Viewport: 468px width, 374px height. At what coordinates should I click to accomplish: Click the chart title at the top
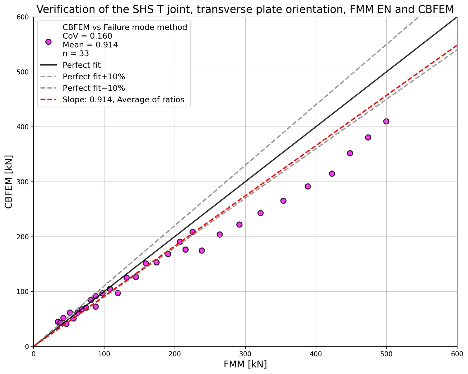pyautogui.click(x=245, y=9)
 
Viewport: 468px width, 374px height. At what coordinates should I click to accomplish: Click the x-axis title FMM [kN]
pyautogui.click(x=245, y=364)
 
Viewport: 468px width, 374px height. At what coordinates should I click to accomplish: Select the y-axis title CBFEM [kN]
pyautogui.click(x=9, y=182)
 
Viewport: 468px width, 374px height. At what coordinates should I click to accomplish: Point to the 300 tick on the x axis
pyautogui.click(x=245, y=354)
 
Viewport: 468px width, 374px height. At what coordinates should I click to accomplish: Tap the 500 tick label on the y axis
pyautogui.click(x=23, y=72)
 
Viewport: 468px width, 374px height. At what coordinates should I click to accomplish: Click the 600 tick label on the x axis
pyautogui.click(x=457, y=354)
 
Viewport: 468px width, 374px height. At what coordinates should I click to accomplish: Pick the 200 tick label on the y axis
pyautogui.click(x=23, y=237)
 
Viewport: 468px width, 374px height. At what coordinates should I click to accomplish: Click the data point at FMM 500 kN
pyautogui.click(x=386, y=121)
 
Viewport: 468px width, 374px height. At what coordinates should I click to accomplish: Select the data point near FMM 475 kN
pyautogui.click(x=368, y=137)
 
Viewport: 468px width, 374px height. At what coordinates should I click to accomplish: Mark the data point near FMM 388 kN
pyautogui.click(x=308, y=186)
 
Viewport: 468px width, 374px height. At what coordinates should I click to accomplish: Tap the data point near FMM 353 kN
pyautogui.click(x=283, y=201)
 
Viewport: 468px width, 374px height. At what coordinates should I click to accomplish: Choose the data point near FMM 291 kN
pyautogui.click(x=239, y=224)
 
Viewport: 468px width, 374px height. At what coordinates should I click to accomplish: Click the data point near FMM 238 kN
pyautogui.click(x=202, y=251)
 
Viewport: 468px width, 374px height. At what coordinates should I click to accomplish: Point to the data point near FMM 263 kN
pyautogui.click(x=220, y=235)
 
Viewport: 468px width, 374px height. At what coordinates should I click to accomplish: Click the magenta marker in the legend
pyautogui.click(x=48, y=42)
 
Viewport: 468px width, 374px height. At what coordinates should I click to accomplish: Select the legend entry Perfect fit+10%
pyautogui.click(x=83, y=77)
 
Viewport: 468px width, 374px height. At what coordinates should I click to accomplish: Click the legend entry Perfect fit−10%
pyautogui.click(x=83, y=88)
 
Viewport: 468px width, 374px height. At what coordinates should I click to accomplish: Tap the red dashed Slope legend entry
pyautogui.click(x=112, y=100)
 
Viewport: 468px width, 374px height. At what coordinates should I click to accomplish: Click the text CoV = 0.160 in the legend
pyautogui.click(x=87, y=36)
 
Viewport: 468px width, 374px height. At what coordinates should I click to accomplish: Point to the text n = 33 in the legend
pyautogui.click(x=76, y=53)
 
